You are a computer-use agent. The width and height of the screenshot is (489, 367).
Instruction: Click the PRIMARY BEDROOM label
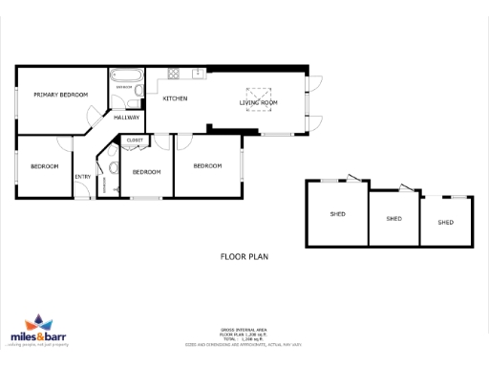[61, 95]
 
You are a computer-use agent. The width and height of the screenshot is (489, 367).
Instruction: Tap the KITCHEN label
[175, 98]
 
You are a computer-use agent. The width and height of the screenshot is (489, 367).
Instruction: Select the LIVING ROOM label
[258, 102]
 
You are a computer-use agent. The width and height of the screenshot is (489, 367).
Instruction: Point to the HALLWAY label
[127, 118]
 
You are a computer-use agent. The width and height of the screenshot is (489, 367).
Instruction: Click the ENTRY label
[83, 176]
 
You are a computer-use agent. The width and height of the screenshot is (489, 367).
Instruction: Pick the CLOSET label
[134, 140]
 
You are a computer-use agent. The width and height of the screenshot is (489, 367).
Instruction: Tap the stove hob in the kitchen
[175, 74]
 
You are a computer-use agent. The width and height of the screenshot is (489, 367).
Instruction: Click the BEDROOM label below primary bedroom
[44, 166]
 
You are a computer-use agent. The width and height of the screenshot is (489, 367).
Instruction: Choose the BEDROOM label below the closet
[145, 172]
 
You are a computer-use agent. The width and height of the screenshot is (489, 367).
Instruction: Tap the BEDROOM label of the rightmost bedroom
[207, 165]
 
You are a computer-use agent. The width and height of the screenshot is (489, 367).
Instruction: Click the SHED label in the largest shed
[337, 214]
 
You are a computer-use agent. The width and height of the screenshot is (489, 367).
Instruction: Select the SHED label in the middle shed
[393, 219]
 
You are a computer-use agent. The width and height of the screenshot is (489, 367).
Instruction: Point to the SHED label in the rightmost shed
[445, 223]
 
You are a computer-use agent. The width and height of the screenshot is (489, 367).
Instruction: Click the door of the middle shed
[408, 189]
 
